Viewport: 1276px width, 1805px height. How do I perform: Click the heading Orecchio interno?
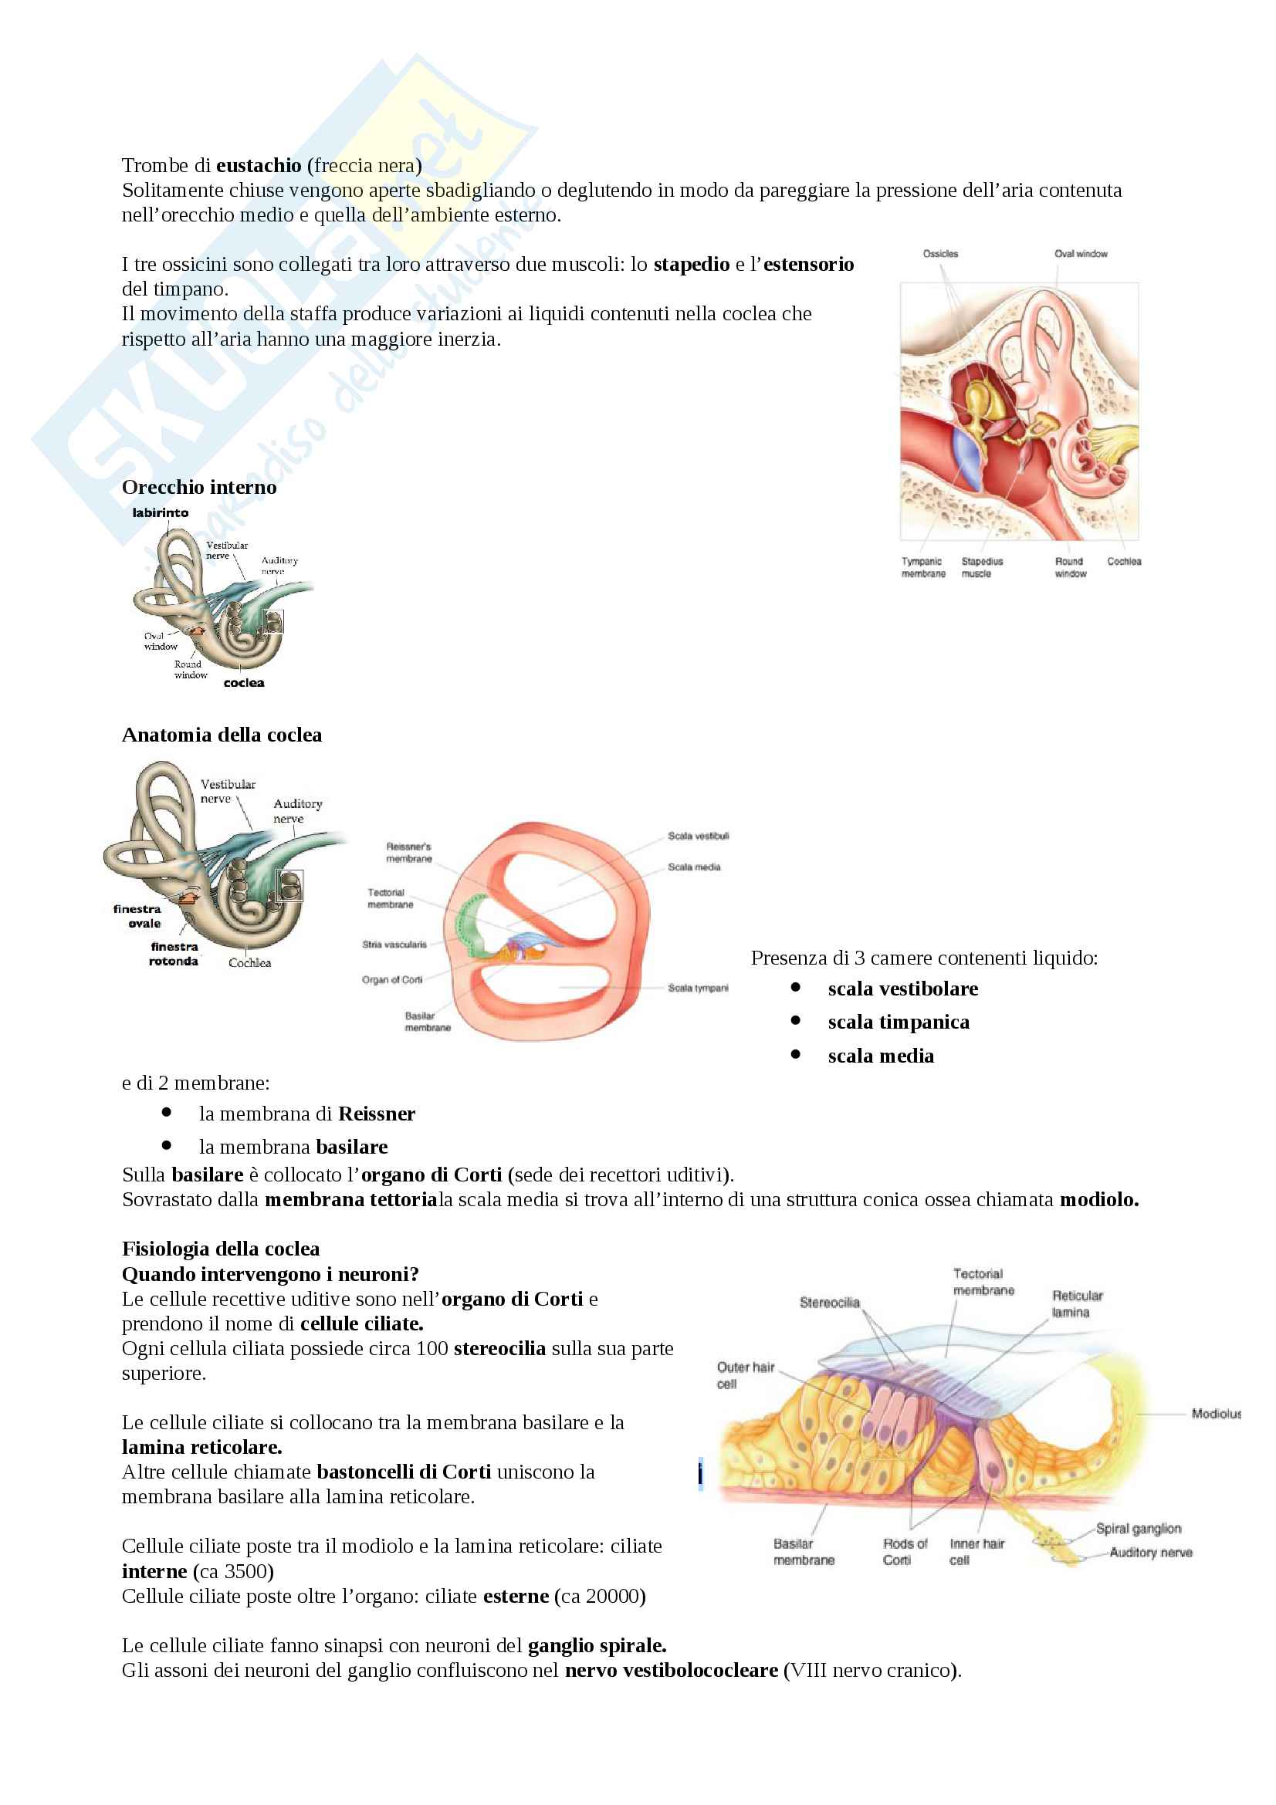(x=199, y=488)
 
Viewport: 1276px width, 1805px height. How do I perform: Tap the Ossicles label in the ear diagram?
(x=940, y=254)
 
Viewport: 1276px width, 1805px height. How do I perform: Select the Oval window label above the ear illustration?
(x=1080, y=254)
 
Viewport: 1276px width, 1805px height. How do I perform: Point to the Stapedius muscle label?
(x=982, y=568)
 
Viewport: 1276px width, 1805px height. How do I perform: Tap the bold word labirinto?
(x=161, y=512)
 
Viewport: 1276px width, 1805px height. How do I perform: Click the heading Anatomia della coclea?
(x=222, y=735)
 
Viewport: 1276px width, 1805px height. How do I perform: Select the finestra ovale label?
(x=137, y=916)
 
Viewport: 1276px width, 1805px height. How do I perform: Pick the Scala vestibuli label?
(x=698, y=836)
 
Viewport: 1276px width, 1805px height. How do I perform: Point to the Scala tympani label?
(x=698, y=989)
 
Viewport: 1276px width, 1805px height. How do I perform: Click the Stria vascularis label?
(x=394, y=944)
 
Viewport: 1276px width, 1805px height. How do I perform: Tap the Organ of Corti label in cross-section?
(x=392, y=979)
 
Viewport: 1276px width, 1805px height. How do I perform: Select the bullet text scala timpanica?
(x=898, y=1022)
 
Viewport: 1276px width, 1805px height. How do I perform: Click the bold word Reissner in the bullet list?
(x=377, y=1114)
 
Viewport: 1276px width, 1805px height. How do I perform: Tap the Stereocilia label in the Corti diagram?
(x=830, y=1303)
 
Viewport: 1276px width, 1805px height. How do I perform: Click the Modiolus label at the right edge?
(x=1216, y=1414)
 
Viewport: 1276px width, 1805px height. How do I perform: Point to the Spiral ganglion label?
(x=1138, y=1528)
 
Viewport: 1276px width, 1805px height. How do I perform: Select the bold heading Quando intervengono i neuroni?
(x=270, y=1274)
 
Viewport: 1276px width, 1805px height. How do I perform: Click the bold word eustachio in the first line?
(x=259, y=166)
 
